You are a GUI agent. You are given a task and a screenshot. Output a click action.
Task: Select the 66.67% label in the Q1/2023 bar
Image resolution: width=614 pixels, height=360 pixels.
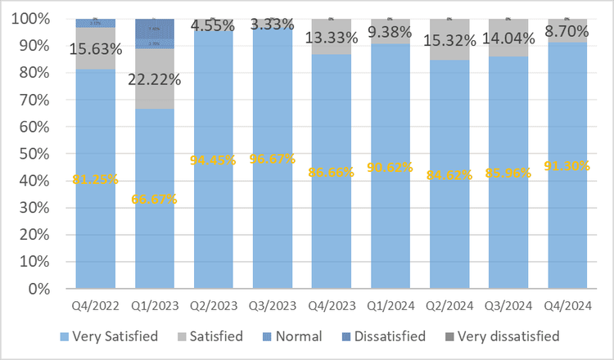click(154, 199)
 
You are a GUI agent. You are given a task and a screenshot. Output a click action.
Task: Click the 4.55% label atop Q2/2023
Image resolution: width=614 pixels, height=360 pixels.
click(213, 25)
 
